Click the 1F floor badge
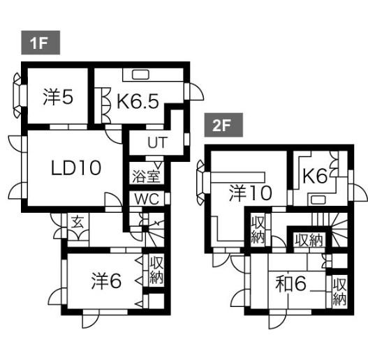tap(41, 43)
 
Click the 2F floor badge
tap(223, 125)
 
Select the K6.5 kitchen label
tap(138, 101)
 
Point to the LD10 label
tap(76, 167)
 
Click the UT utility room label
tap(158, 142)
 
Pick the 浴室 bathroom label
tap(146, 176)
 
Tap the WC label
tap(147, 200)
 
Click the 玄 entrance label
tap(78, 223)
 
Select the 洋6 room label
tap(106, 281)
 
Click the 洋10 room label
tap(251, 193)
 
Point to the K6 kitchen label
tap(315, 177)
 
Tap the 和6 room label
tap(291, 283)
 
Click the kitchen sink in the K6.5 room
tap(140, 75)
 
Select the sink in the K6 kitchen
tap(318, 200)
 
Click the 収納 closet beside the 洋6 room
tap(156, 270)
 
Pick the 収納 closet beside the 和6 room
tap(339, 292)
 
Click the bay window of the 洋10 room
tap(202, 183)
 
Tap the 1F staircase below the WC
tap(154, 233)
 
